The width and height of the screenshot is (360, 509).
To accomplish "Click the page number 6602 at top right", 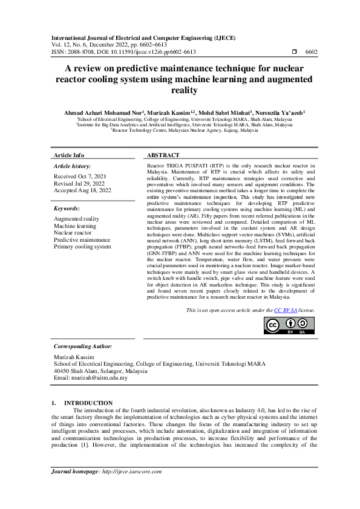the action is coord(311,53).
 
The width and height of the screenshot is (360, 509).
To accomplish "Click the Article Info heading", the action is coord(69,155).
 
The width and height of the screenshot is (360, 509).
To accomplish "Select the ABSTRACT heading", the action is coord(163,155).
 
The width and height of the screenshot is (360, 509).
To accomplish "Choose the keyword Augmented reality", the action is coord(77,218).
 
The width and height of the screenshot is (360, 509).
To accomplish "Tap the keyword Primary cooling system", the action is coord(82,247).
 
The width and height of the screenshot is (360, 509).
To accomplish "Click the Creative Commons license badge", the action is coord(289,325).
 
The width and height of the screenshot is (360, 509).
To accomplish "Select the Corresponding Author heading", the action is coord(83,346).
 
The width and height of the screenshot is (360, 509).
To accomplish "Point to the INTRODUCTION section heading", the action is coord(88,403).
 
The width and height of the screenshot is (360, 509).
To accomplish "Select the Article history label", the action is coord(73,166).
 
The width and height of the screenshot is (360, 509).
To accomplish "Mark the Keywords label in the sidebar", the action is coord(67,208).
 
